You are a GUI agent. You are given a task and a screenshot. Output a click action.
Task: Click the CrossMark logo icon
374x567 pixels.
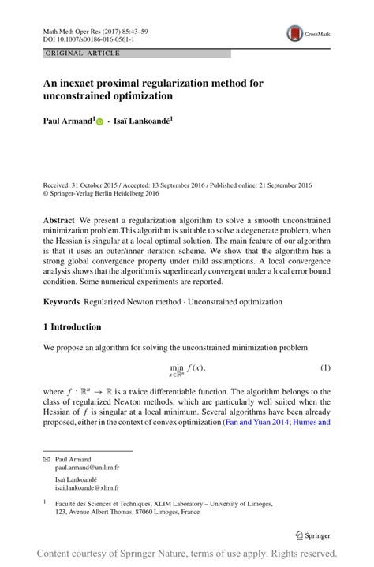coord(295,33)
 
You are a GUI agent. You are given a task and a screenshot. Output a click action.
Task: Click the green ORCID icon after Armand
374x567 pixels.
coord(100,122)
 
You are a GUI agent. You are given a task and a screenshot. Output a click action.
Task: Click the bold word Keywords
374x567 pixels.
coord(62,301)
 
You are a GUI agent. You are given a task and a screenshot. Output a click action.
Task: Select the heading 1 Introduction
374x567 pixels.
coord(72,326)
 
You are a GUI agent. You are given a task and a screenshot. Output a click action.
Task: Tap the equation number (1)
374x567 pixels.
coord(324,368)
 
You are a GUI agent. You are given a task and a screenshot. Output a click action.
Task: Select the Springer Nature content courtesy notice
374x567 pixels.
coord(187,554)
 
